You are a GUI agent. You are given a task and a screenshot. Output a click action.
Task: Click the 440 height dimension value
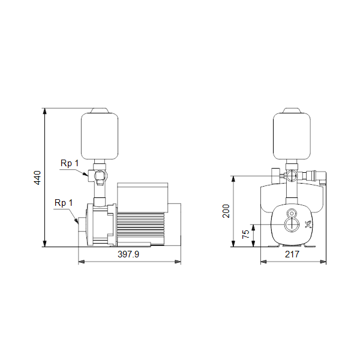coord(37,178)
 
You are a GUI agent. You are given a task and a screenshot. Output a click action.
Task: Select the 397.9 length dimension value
coord(128,254)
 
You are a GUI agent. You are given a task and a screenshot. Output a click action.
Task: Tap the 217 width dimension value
coord(292,254)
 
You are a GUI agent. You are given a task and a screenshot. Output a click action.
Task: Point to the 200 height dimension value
coord(226,211)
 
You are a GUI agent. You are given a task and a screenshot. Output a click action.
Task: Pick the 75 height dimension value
coord(245,234)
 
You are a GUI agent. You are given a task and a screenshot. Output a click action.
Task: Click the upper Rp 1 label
coord(70,163)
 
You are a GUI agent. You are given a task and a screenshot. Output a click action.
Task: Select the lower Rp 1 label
coord(64,203)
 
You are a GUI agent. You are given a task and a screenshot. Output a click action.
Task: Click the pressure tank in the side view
coord(100,136)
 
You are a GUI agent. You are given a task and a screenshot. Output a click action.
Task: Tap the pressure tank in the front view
coord(292,136)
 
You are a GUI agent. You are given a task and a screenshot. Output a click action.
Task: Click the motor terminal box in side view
coord(143,197)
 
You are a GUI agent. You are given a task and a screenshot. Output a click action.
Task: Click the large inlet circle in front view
coord(292,224)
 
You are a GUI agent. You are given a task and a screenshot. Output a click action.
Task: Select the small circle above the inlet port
coord(292,213)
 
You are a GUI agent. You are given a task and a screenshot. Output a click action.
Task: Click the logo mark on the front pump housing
coord(308,224)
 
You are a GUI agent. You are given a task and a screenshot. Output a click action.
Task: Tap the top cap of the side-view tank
coord(100,110)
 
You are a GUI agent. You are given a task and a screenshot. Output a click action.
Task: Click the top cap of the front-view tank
coord(292,110)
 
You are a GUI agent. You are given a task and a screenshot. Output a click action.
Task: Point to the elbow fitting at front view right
coord(321,177)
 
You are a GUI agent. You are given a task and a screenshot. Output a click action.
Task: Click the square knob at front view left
coord(275,176)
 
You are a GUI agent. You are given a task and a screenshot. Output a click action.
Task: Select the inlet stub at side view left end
coord(82,224)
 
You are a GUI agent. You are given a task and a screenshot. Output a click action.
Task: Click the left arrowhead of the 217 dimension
coord(263,262)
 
